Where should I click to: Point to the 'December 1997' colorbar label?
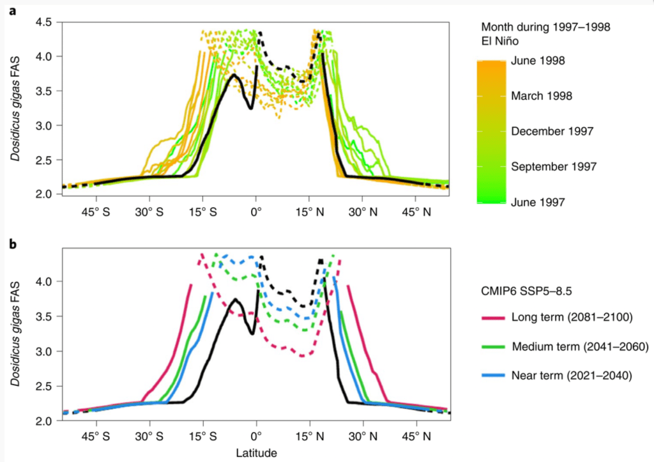[553, 131]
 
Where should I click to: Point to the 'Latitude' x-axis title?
[256, 453]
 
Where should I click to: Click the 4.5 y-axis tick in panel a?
[43, 23]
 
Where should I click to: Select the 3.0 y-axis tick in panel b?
[43, 351]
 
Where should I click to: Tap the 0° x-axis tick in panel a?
[256, 210]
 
